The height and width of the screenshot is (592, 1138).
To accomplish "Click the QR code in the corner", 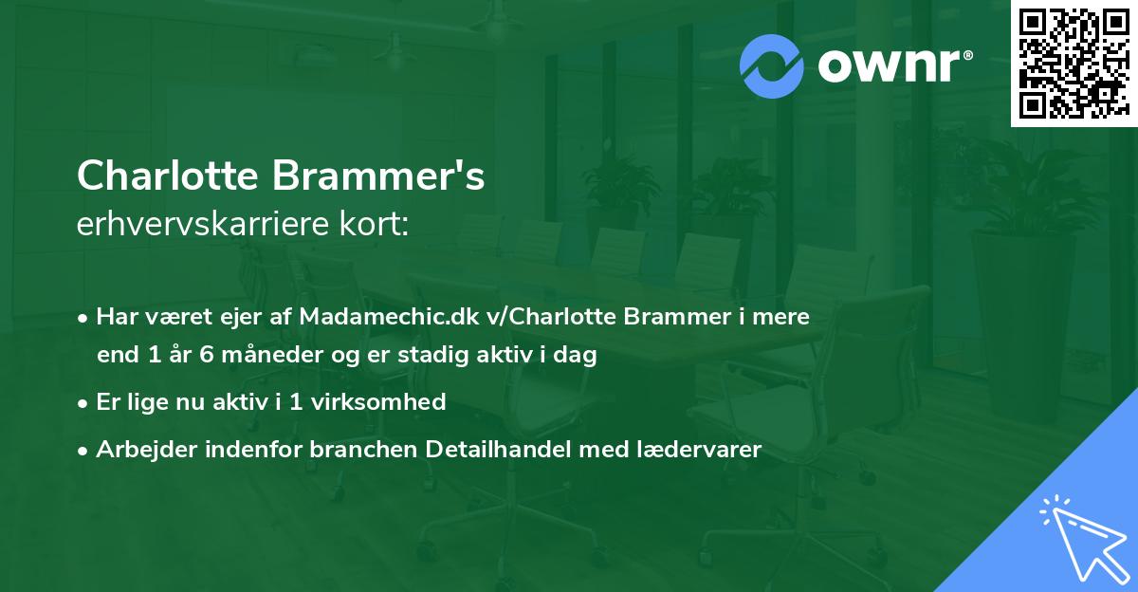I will coord(1073,64).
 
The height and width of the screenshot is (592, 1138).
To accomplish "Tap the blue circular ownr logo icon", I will coord(771,65).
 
